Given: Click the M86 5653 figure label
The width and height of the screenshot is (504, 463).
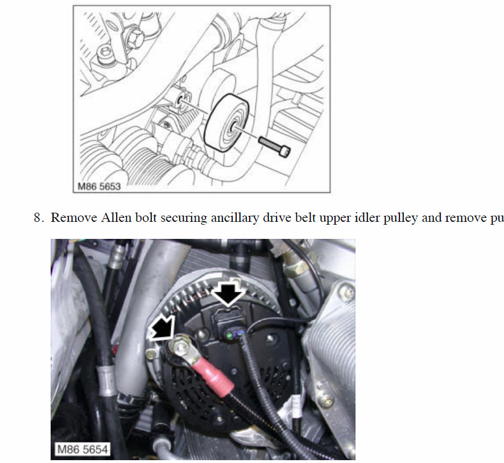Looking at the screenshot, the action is click(99, 187).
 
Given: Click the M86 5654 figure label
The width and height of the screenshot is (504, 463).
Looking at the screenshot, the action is click(82, 449).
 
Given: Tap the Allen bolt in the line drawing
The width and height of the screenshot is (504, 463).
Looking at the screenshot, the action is click(274, 146).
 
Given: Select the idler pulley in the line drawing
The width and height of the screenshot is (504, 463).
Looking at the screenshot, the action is click(226, 123).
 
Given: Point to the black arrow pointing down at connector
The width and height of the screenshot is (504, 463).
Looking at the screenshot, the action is click(228, 293).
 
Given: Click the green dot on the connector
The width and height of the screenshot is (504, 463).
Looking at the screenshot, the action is click(229, 336).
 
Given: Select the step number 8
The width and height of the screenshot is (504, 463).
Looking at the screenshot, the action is click(38, 218).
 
